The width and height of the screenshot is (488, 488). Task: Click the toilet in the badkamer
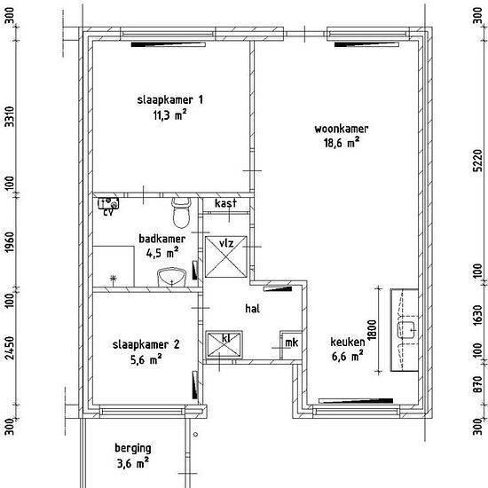pyautogui.click(x=181, y=213)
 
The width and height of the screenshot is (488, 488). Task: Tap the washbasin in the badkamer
pyautogui.click(x=171, y=277)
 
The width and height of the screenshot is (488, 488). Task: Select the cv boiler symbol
pyautogui.click(x=108, y=203)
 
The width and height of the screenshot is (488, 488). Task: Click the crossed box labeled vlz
pyautogui.click(x=226, y=256)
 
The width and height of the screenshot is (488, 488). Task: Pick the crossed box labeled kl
pyautogui.click(x=224, y=344)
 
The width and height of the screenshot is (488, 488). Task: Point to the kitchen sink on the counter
pyautogui.click(x=406, y=330)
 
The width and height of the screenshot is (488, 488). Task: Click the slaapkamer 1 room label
pyautogui.click(x=170, y=100)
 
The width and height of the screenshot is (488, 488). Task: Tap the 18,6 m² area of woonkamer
pyautogui.click(x=342, y=143)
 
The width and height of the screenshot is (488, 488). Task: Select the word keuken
pyautogui.click(x=348, y=342)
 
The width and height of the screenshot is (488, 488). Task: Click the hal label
pyautogui.click(x=252, y=309)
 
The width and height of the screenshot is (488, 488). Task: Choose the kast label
pyautogui.click(x=225, y=203)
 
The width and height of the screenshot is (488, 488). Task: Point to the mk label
pyautogui.click(x=292, y=342)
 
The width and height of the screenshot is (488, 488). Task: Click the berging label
pyautogui.click(x=133, y=448)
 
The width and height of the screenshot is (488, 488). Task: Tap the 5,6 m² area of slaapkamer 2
pyautogui.click(x=146, y=360)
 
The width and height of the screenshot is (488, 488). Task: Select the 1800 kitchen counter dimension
pyautogui.click(x=372, y=329)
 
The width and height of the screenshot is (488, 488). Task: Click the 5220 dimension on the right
pyautogui.click(x=477, y=161)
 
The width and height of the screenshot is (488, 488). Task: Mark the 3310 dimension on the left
pyautogui.click(x=10, y=116)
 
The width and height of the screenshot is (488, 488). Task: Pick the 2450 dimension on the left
pyautogui.click(x=10, y=348)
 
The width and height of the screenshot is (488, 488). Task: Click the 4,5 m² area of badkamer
pyautogui.click(x=162, y=252)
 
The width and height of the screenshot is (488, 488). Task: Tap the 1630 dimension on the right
pyautogui.click(x=477, y=316)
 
